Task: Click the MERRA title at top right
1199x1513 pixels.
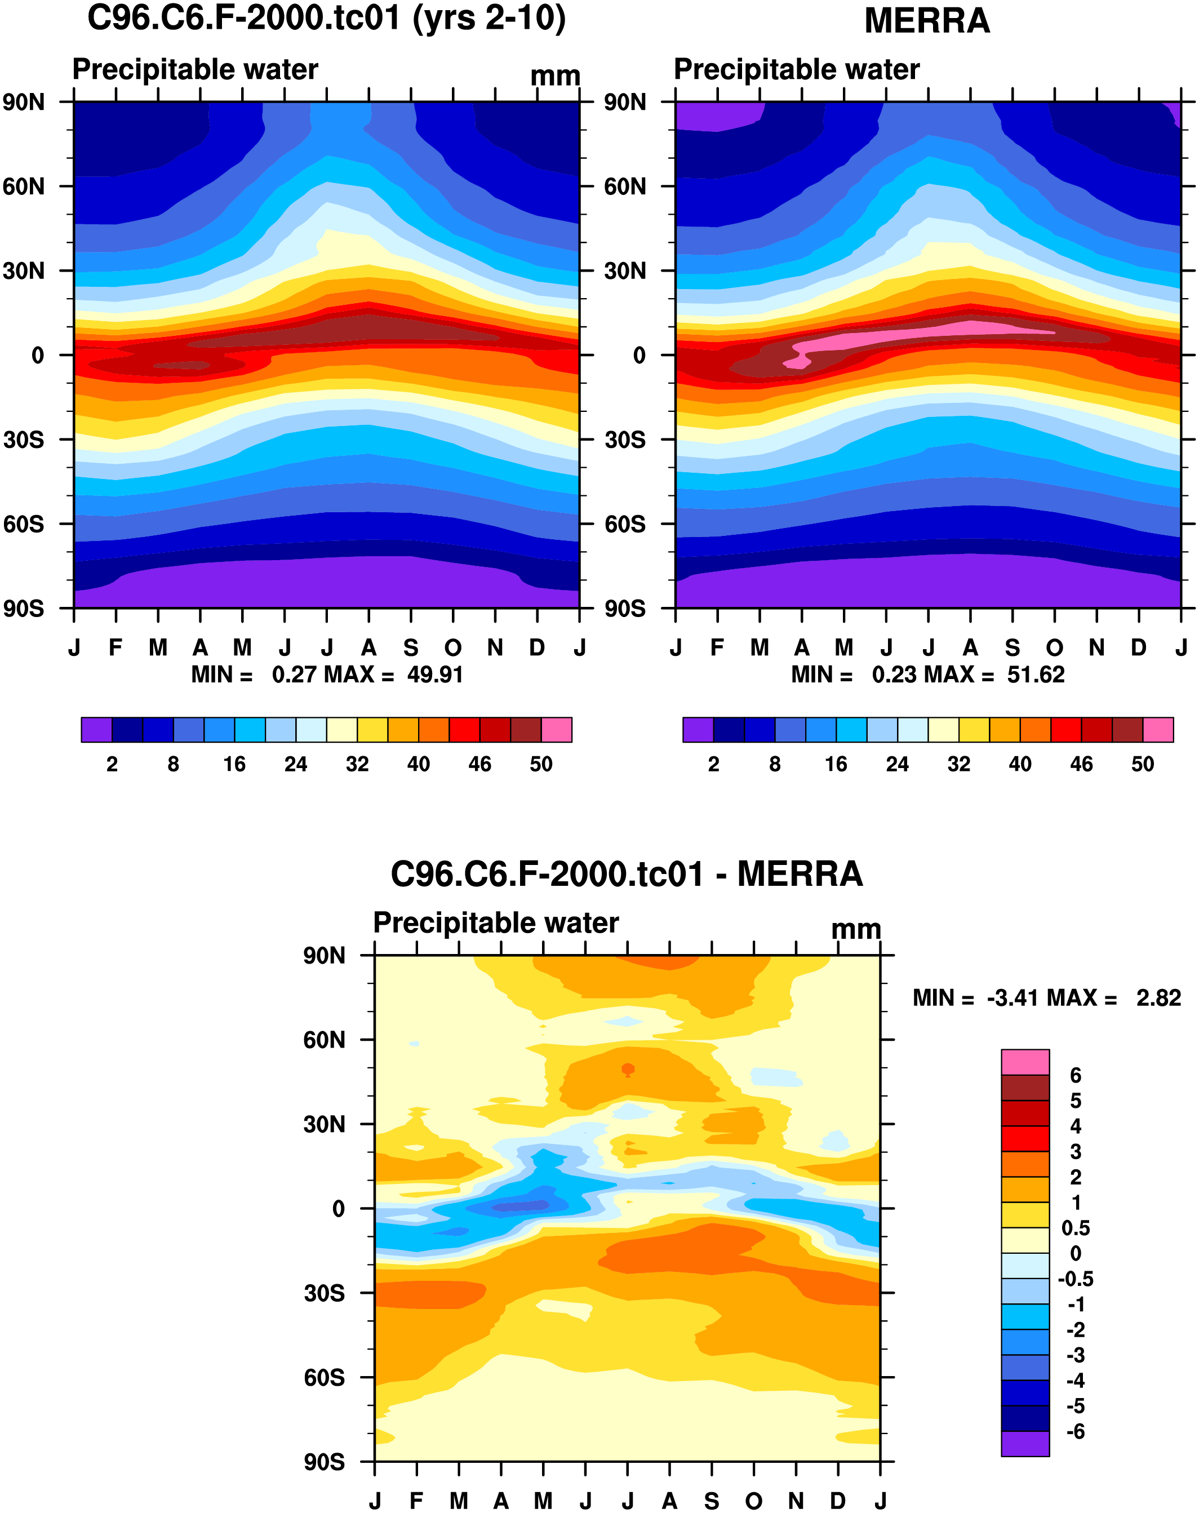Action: pyautogui.click(x=926, y=21)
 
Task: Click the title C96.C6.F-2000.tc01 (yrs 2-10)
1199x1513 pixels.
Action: pyautogui.click(x=326, y=18)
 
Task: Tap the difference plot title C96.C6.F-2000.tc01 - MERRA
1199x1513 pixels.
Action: pyautogui.click(x=626, y=875)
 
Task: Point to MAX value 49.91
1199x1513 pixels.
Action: pyautogui.click(x=435, y=675)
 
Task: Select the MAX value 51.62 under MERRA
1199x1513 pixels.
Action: pyautogui.click(x=1036, y=675)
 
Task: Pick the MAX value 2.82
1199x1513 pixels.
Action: pyautogui.click(x=1158, y=998)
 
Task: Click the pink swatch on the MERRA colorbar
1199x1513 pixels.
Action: pyautogui.click(x=1158, y=730)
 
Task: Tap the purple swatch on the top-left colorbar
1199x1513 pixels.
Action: pyautogui.click(x=96, y=730)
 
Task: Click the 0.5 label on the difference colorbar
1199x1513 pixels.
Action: pyautogui.click(x=1075, y=1228)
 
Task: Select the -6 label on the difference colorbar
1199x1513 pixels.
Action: pyautogui.click(x=1075, y=1432)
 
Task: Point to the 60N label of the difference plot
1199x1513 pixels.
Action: pyautogui.click(x=323, y=1040)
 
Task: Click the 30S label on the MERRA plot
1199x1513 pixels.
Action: pyautogui.click(x=624, y=440)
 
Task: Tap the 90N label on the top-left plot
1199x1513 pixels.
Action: pyautogui.click(x=23, y=103)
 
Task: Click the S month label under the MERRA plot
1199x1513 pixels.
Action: pyautogui.click(x=1012, y=647)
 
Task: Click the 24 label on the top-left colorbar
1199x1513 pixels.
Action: pyautogui.click(x=295, y=764)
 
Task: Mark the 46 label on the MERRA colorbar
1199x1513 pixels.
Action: pyautogui.click(x=1081, y=764)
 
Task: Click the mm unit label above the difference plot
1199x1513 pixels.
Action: pyautogui.click(x=856, y=930)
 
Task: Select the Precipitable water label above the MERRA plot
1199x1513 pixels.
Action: pyautogui.click(x=796, y=69)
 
